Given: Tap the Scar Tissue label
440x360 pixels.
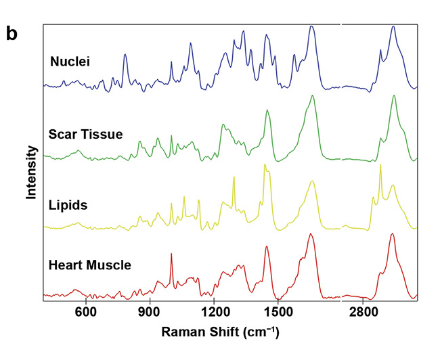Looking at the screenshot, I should [x=85, y=134].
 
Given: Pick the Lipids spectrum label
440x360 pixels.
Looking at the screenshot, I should [x=68, y=204].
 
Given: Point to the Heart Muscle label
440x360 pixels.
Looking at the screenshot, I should [x=90, y=265].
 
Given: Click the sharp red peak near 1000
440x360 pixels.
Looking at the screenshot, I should [x=171, y=254].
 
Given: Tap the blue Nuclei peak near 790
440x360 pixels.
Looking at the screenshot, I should [x=125, y=55].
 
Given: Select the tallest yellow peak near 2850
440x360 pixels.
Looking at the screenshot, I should [x=380, y=164].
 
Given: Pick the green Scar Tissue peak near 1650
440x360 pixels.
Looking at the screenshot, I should [x=312, y=96].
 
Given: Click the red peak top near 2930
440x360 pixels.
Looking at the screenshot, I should [x=392, y=234].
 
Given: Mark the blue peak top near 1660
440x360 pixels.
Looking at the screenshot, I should [x=311, y=26].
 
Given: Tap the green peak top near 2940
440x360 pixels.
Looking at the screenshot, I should [x=393, y=95].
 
